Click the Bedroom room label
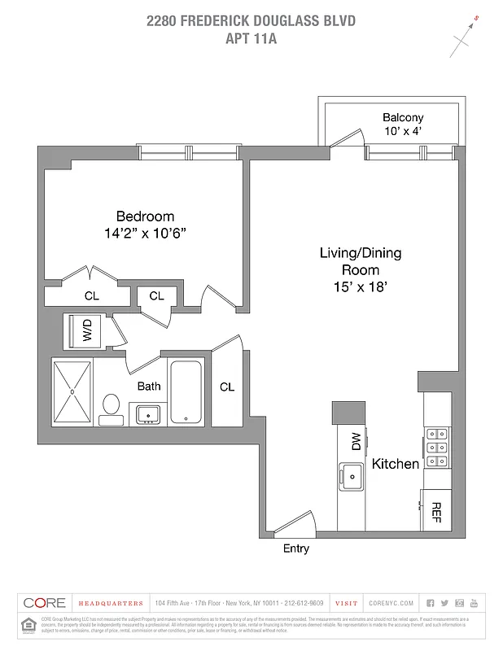point(145,216)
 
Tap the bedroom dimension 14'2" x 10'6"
point(145,233)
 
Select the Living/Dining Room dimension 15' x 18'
point(360,286)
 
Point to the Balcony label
point(403,117)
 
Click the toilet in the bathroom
point(111,406)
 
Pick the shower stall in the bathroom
point(72,391)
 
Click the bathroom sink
point(147,414)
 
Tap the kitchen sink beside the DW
point(352,474)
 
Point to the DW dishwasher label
point(356,440)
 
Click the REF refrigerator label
point(435,510)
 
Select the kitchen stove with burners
point(435,448)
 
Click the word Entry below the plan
point(295,548)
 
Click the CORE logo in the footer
point(46,603)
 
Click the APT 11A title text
point(251,37)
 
